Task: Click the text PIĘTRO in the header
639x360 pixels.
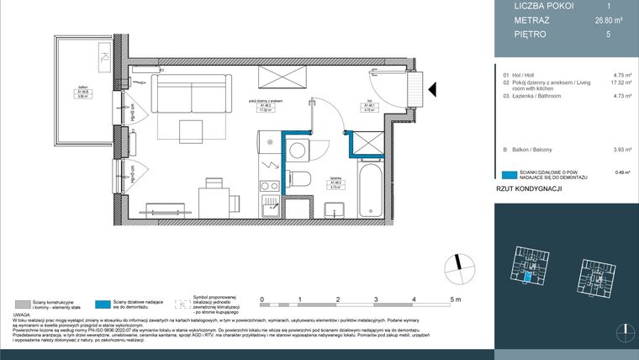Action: pos(531,34)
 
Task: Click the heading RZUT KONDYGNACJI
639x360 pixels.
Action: pos(529,191)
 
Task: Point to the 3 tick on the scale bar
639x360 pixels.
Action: pos(376,299)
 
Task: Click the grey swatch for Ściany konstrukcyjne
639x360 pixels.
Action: pos(23,304)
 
